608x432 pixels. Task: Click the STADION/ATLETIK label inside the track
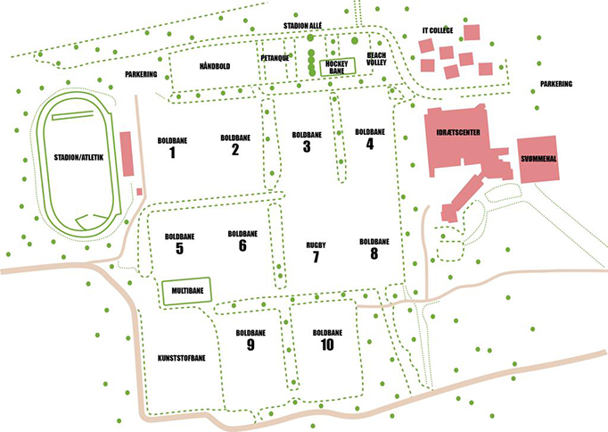tap(78, 158)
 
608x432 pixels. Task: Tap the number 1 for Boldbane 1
tap(172, 153)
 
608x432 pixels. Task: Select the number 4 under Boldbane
tap(370, 144)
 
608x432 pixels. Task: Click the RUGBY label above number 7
tap(316, 245)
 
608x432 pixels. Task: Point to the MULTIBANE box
tap(187, 291)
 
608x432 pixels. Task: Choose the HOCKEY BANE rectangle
tap(337, 67)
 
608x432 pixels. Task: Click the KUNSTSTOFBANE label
tap(182, 358)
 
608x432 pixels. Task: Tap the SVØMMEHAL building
tap(538, 159)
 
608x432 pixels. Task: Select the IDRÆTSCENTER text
tap(458, 133)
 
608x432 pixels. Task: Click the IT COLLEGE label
tap(438, 30)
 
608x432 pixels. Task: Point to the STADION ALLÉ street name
tap(302, 26)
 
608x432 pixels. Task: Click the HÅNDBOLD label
tap(215, 66)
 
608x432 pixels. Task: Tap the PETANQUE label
tap(275, 58)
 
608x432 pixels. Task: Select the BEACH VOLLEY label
tap(376, 59)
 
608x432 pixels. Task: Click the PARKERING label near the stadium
tap(141, 74)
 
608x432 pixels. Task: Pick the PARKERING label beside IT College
tap(556, 84)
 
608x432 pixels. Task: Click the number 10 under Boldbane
tap(327, 345)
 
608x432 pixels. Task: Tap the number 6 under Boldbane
tap(242, 245)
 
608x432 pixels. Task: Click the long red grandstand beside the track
tap(126, 154)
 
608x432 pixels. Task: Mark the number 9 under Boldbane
tap(251, 345)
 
